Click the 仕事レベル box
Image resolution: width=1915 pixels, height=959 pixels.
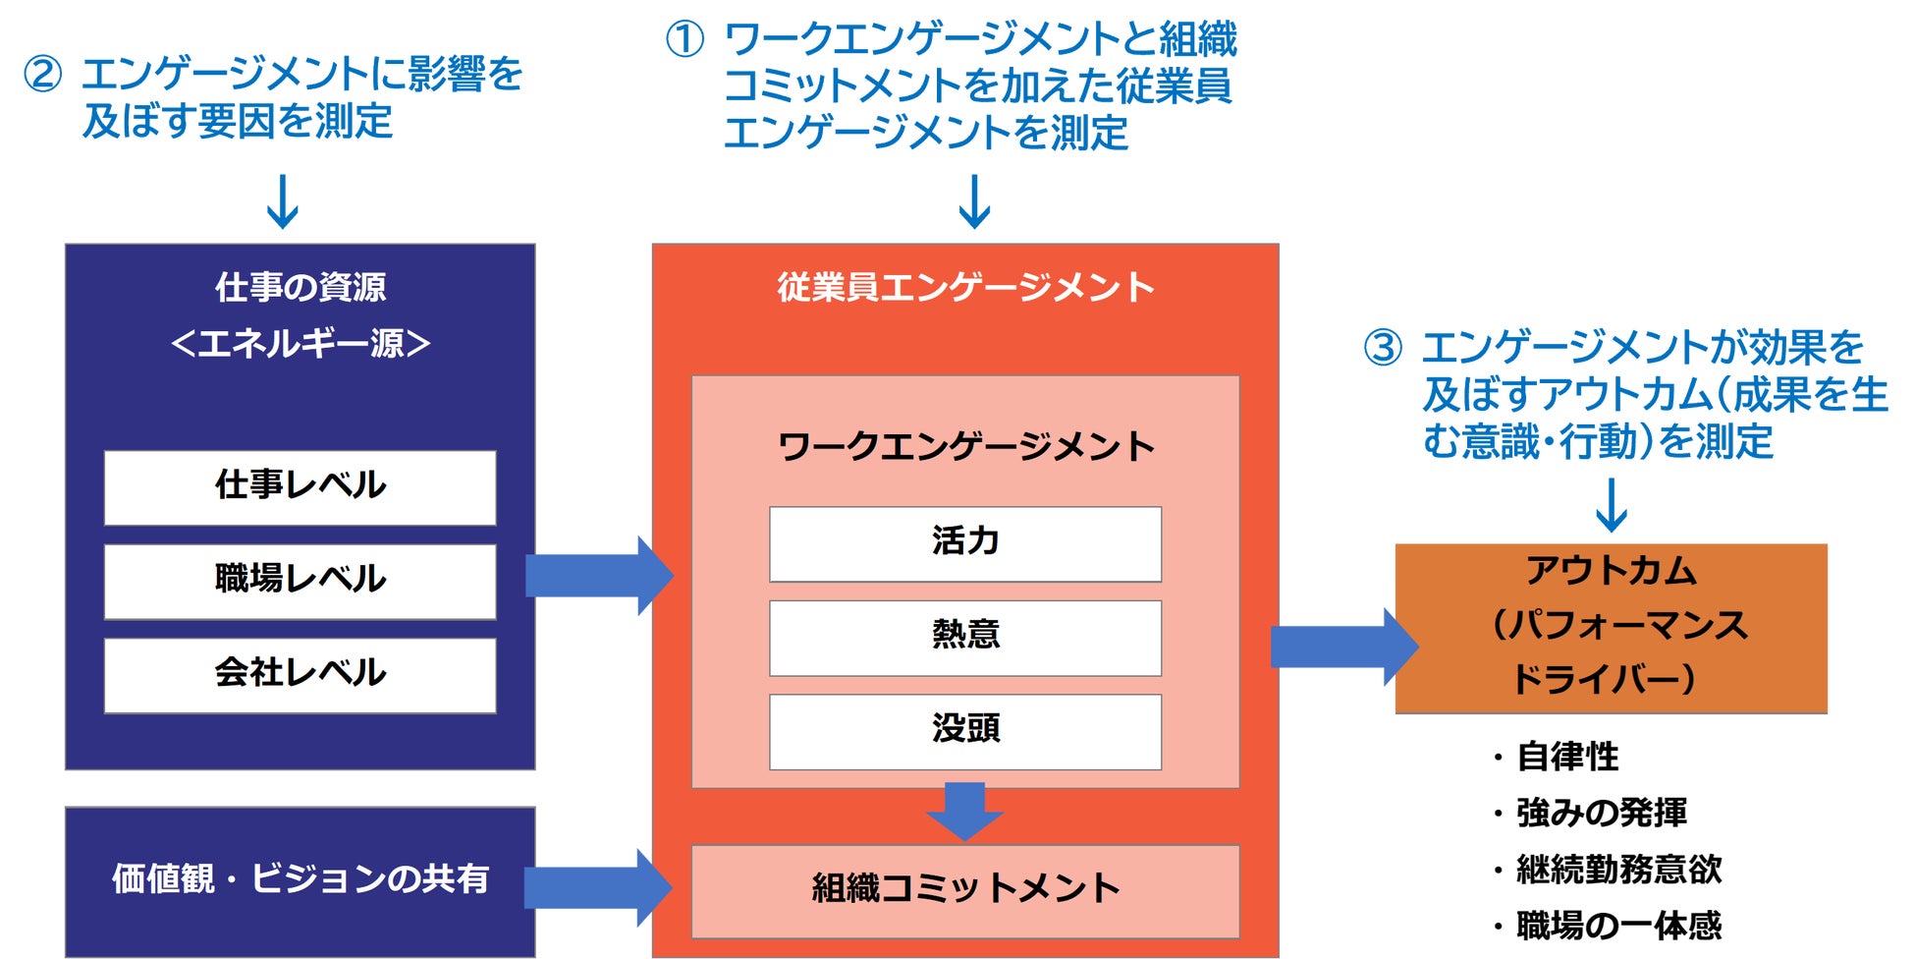(300, 487)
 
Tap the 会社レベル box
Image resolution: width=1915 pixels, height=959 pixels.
(300, 675)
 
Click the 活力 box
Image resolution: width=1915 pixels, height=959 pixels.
(964, 543)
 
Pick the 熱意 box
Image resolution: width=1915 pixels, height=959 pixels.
(964, 638)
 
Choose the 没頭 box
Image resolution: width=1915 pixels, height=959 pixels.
(964, 731)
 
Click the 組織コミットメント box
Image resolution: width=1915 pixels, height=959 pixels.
(964, 890)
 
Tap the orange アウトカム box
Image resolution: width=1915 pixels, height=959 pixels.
(1611, 627)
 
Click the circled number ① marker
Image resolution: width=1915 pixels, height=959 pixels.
(684, 40)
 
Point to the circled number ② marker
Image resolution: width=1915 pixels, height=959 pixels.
(42, 75)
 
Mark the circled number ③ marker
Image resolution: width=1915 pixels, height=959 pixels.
(1383, 348)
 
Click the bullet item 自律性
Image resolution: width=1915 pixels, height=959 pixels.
(1567, 758)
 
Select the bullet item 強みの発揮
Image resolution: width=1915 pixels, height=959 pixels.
(1601, 814)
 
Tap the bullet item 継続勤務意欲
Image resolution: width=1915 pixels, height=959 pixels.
(1618, 870)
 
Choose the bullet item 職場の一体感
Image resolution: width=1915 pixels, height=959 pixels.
(1618, 926)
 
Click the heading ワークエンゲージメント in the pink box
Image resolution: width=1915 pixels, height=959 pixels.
(964, 447)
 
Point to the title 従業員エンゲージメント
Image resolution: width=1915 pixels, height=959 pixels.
(964, 288)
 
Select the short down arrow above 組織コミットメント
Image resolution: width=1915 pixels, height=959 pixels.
(964, 810)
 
